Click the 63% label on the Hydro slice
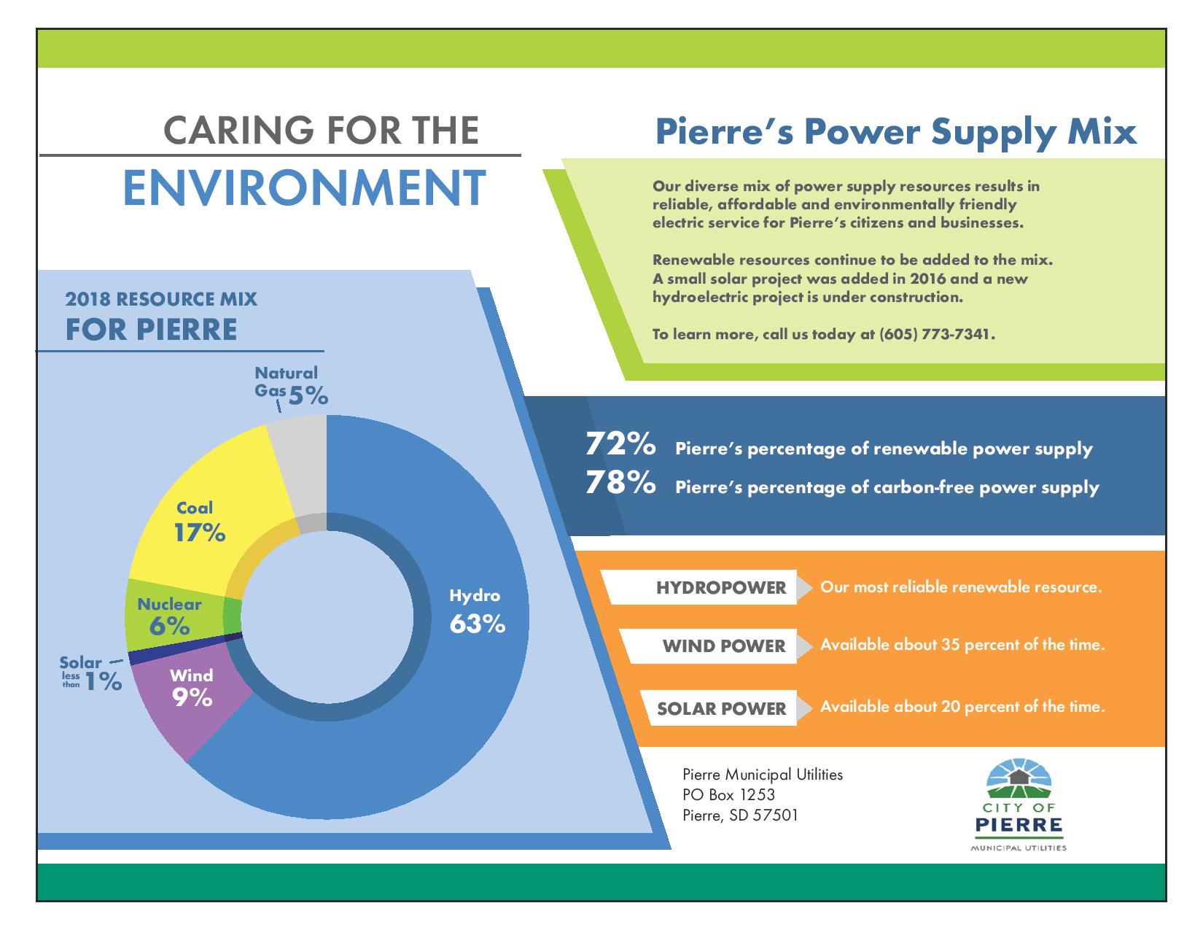(x=478, y=624)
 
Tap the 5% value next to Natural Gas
(x=308, y=395)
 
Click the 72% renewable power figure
(x=620, y=444)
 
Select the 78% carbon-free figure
(x=620, y=482)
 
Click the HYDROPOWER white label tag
(x=702, y=587)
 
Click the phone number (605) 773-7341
(x=935, y=334)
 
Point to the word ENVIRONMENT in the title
(x=305, y=188)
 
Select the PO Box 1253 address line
(x=728, y=795)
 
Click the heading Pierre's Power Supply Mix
(x=896, y=133)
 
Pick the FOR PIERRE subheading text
(x=151, y=330)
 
